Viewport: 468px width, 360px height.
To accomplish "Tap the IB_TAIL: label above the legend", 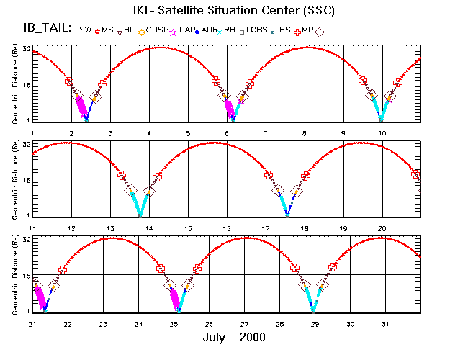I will click(x=45, y=30).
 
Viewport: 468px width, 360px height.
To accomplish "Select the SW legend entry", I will click(x=86, y=30).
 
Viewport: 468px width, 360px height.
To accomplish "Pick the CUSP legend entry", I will click(x=158, y=30).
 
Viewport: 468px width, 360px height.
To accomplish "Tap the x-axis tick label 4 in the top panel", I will click(x=150, y=133).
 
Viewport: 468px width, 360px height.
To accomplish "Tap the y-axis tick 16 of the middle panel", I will click(x=25, y=179).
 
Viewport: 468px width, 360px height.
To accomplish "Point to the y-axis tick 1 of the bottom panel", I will click(x=27, y=310).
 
